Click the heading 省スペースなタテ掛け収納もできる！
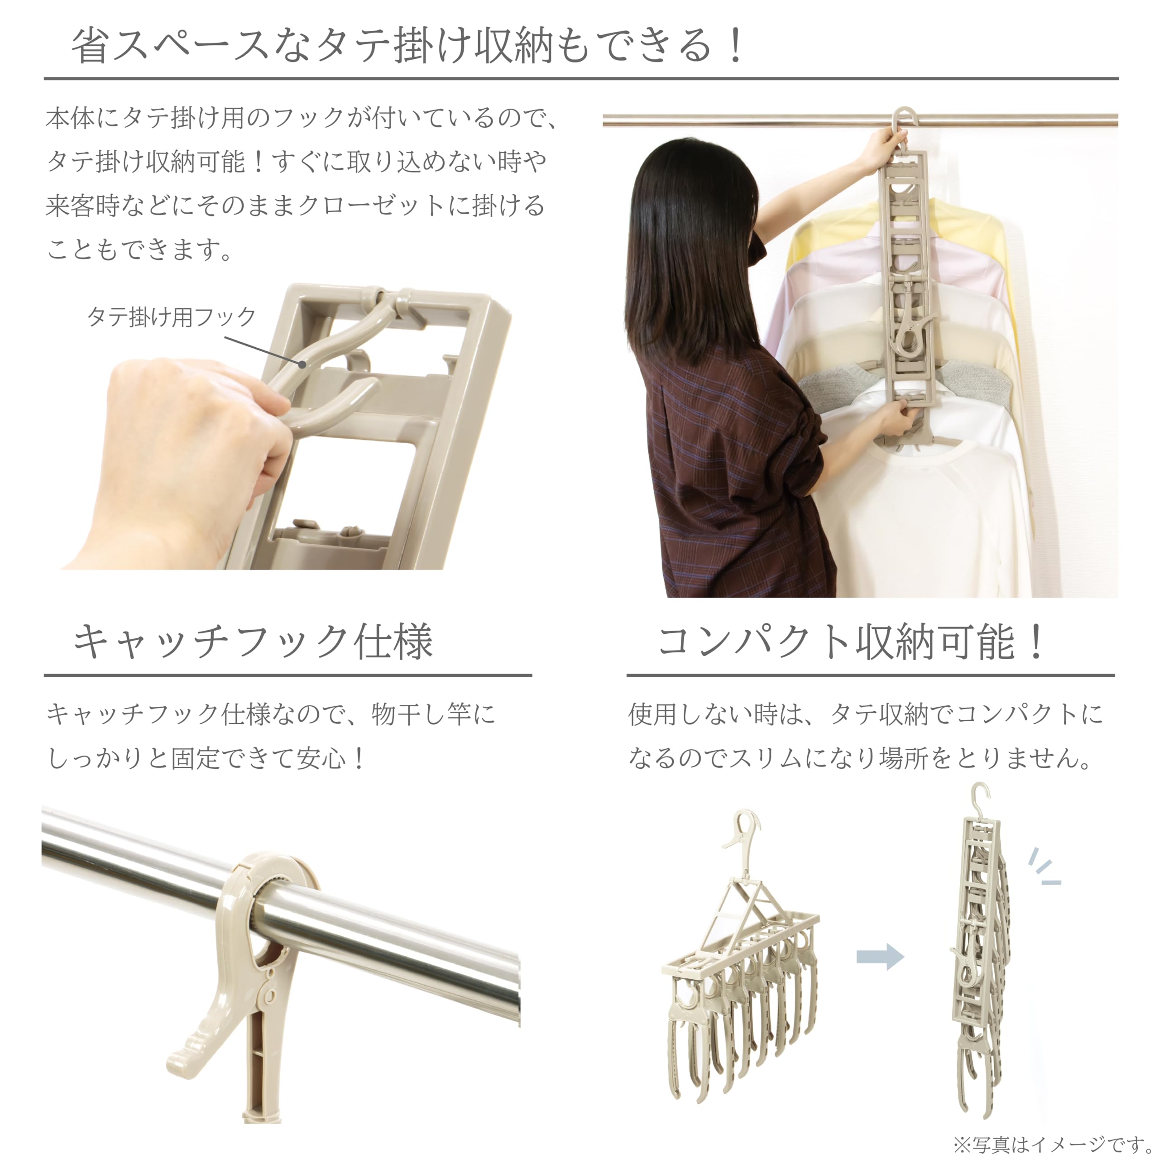[408, 46]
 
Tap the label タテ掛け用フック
[172, 317]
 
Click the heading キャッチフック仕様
[253, 642]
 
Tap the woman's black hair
[690, 252]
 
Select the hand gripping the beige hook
[192, 444]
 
